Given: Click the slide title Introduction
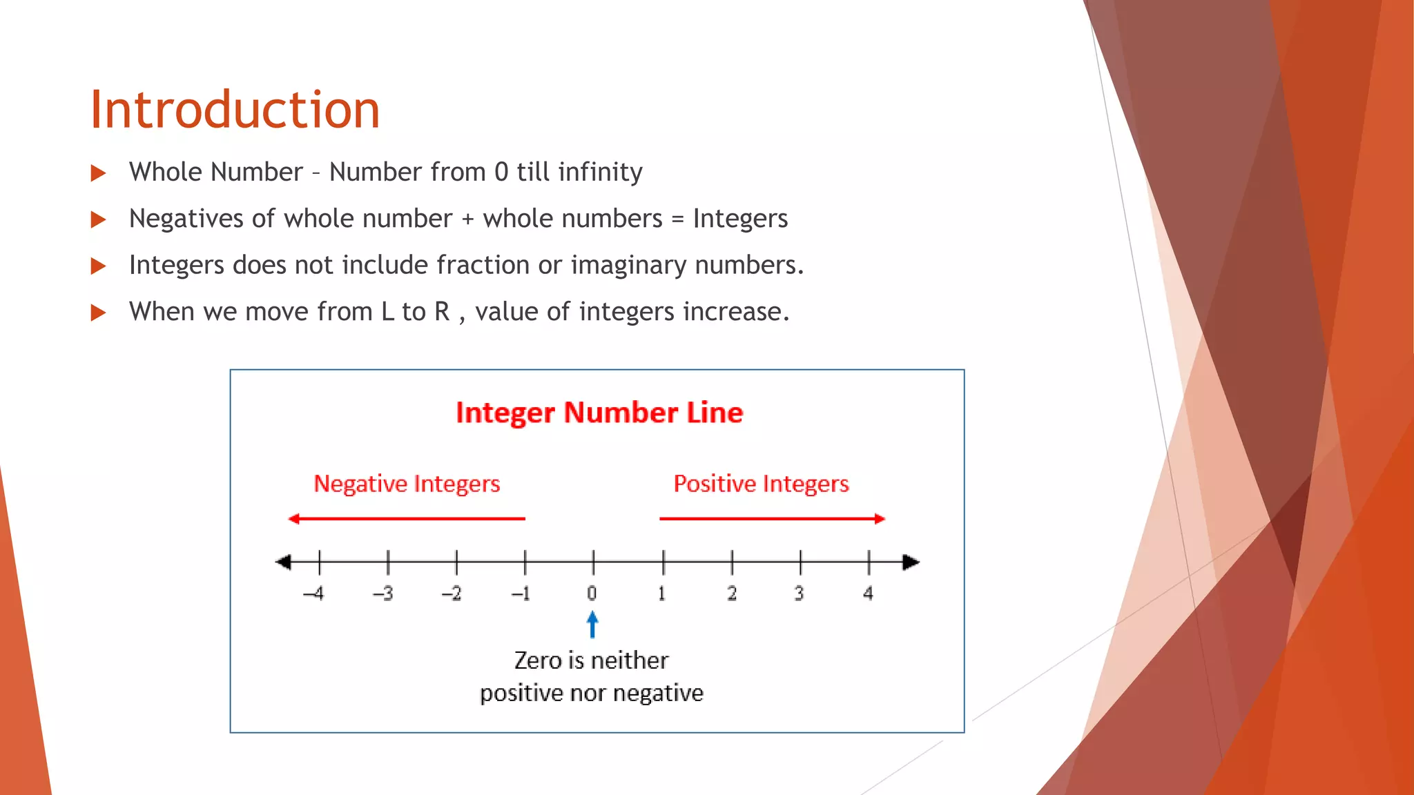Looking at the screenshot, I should point(235,110).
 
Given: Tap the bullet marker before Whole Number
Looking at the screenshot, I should point(99,173).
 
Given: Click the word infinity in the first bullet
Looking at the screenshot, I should point(600,172).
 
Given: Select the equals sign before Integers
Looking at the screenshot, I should point(677,219).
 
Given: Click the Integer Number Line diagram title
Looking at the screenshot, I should point(599,413).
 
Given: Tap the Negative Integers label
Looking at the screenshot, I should point(407,484).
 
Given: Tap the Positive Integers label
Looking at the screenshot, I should point(761,484).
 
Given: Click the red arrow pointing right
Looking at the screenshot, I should point(772,518).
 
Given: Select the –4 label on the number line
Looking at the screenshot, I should point(314,593).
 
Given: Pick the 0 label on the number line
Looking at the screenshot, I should point(592,593).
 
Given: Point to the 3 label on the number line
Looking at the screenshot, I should point(799,593).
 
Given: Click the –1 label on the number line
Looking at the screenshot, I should point(521,593).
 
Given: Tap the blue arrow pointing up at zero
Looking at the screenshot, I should point(592,625).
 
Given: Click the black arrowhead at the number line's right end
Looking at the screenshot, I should point(911,562).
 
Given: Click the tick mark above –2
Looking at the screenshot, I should point(456,562).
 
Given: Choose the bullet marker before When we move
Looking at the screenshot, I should point(99,313).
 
